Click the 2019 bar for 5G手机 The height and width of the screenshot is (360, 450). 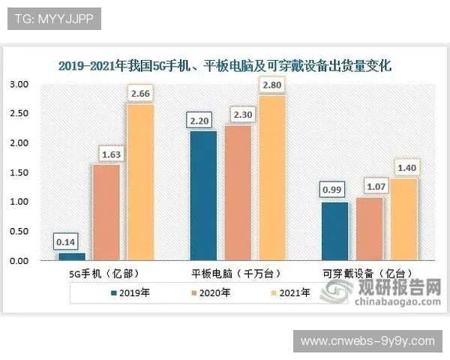pyautogui.click(x=72, y=256)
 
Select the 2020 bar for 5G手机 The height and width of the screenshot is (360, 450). pyautogui.click(x=106, y=212)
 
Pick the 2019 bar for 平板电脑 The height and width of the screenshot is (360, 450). pyautogui.click(x=202, y=196)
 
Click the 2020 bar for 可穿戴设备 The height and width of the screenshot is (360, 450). pyautogui.click(x=369, y=229)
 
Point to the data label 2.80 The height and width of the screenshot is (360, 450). pyautogui.click(x=271, y=85)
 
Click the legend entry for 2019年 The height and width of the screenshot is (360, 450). pyautogui.click(x=130, y=293)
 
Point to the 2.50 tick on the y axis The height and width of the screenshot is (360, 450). pyautogui.click(x=18, y=114)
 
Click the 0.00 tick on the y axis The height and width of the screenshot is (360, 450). pyautogui.click(x=18, y=261)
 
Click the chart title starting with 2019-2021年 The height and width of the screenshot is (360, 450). pyautogui.click(x=225, y=66)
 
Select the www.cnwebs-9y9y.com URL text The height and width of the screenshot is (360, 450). pyautogui.click(x=367, y=341)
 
